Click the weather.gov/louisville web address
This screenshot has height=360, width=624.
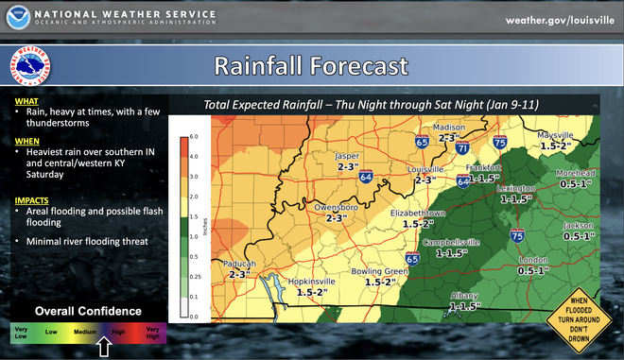point(557,20)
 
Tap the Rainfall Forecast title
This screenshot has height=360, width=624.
point(311,67)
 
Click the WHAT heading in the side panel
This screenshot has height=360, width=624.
point(26,99)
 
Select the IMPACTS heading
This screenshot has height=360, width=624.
point(32,200)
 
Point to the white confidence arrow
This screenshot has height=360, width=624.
point(105,349)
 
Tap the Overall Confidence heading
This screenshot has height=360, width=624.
point(88,311)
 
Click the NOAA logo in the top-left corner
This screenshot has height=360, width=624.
point(19,19)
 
